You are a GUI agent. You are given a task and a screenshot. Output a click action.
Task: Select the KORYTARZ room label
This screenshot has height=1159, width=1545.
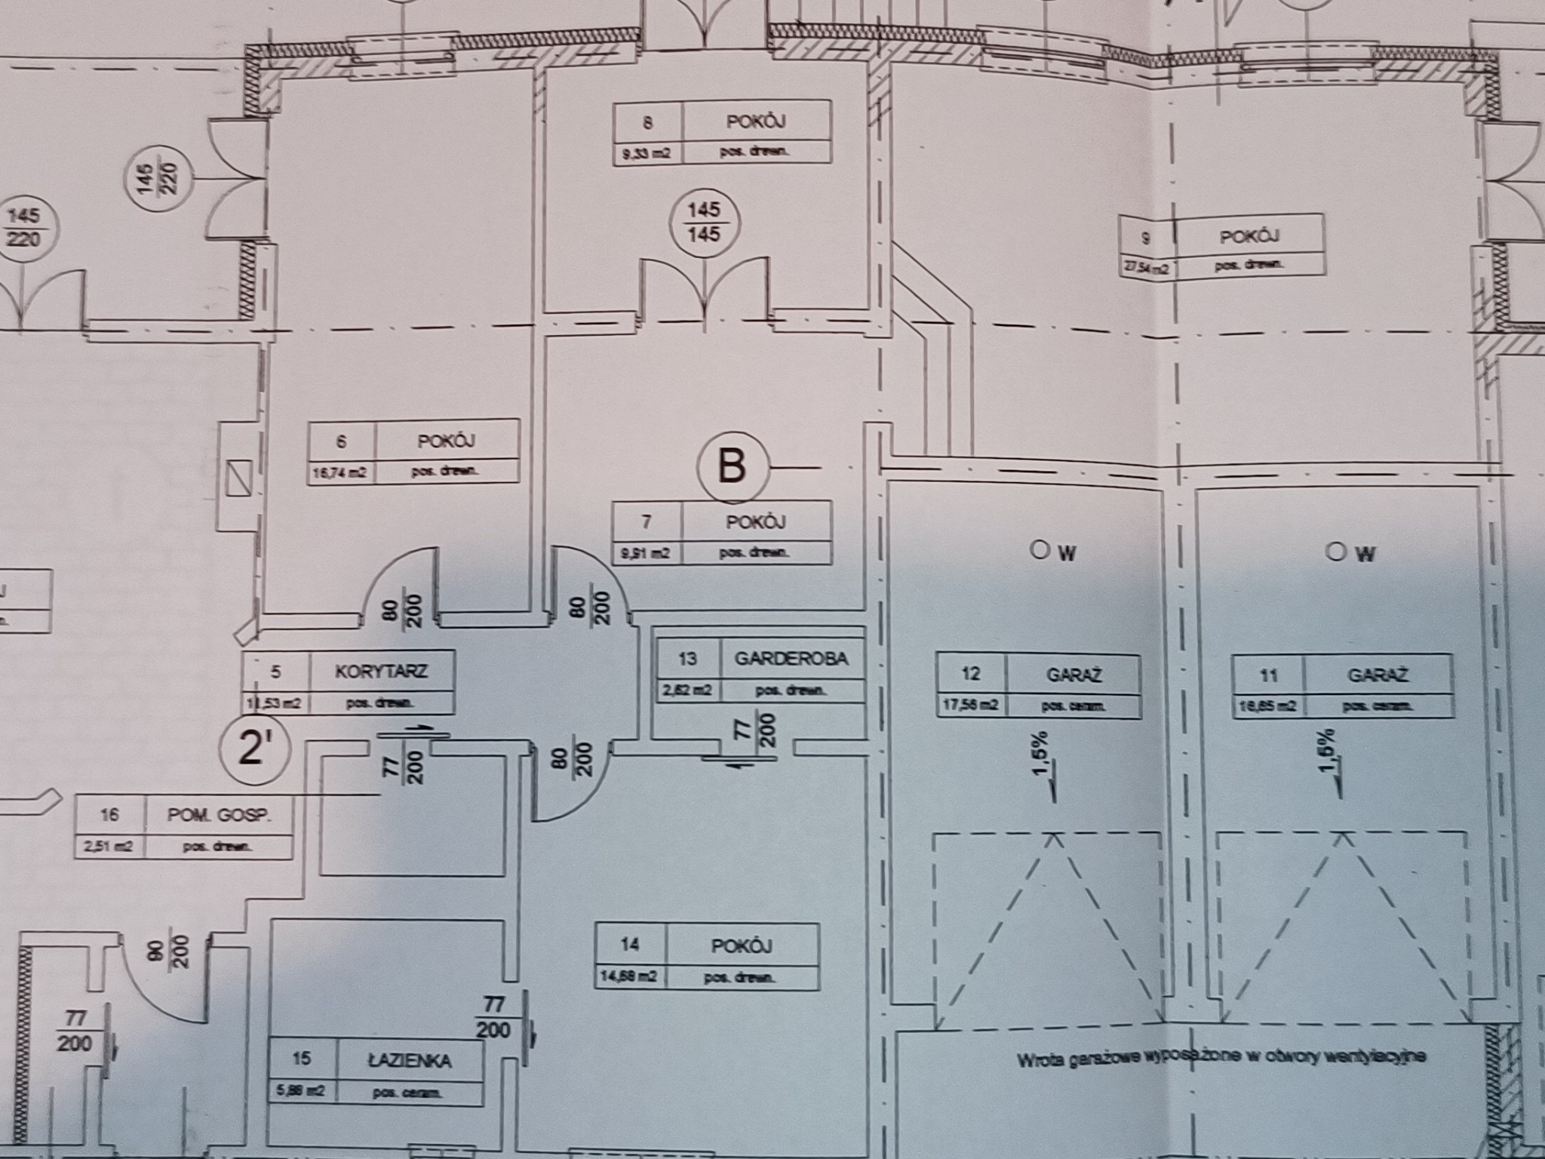click(x=381, y=671)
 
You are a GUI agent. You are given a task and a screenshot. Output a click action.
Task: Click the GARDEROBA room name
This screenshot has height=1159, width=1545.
click(x=791, y=658)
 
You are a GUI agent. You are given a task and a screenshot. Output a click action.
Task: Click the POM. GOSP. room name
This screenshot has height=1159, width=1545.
click(x=219, y=815)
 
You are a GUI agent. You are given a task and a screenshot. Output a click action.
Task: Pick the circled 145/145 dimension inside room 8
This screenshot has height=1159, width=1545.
click(x=705, y=221)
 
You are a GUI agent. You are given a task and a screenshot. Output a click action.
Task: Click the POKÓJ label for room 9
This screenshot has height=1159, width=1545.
click(x=1249, y=236)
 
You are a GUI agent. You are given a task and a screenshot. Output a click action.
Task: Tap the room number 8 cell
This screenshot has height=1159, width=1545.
click(x=648, y=122)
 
